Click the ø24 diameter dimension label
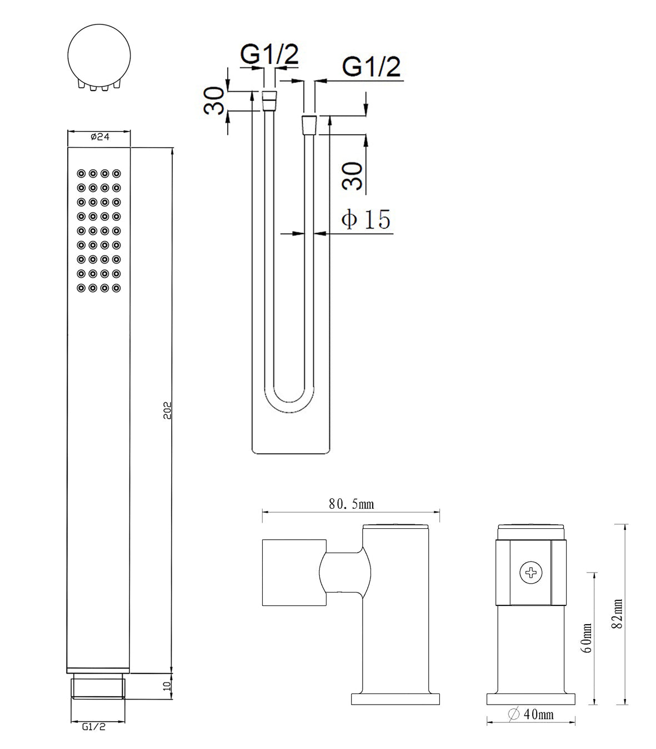click(100, 136)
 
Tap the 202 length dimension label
click(168, 411)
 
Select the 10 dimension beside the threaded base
click(167, 686)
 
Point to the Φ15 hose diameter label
click(365, 219)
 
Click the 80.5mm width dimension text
click(352, 504)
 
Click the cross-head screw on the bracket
click(530, 573)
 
